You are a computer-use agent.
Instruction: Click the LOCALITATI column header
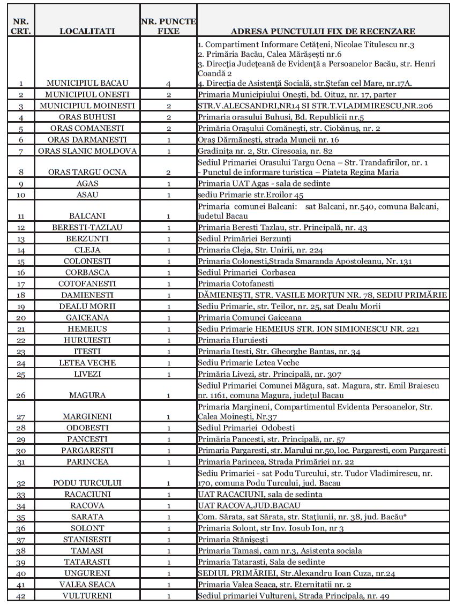click(87, 32)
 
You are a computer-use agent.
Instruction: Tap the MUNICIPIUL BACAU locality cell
click(87, 83)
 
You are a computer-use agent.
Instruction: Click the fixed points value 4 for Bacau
click(168, 83)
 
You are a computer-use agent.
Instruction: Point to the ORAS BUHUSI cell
click(87, 117)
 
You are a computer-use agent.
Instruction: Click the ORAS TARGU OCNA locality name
click(87, 173)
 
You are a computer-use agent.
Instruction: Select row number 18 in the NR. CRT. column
click(21, 295)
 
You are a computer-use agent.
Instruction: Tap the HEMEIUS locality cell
click(87, 329)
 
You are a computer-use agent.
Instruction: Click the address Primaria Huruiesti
click(233, 340)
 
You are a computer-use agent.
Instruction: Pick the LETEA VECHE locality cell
click(87, 363)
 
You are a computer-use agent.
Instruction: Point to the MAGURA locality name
click(87, 395)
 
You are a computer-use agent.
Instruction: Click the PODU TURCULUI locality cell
click(87, 483)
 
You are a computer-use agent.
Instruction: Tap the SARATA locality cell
click(87, 517)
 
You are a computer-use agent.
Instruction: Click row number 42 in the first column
click(21, 596)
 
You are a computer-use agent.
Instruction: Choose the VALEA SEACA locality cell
click(87, 585)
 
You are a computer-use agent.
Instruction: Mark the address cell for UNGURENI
click(296, 573)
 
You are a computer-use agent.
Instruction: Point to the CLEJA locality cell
click(87, 250)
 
